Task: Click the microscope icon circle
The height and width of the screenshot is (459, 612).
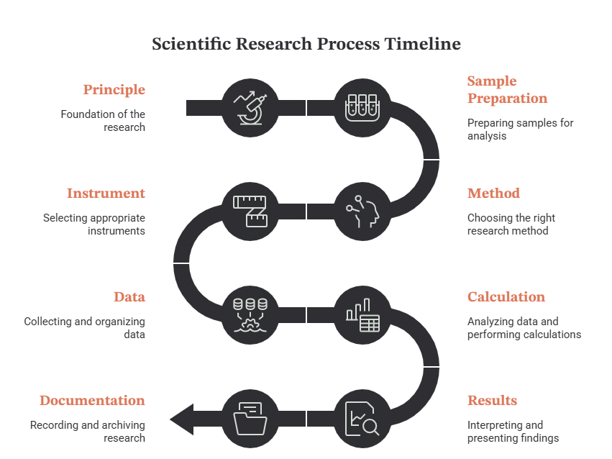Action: tap(250, 108)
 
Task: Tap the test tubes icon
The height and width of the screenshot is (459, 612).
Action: tap(362, 108)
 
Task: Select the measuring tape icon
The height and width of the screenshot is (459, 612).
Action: tap(250, 212)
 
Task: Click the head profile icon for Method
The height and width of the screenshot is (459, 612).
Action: tap(362, 212)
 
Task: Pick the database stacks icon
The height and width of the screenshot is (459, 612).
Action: tap(250, 315)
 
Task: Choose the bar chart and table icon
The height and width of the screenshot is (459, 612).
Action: tap(362, 315)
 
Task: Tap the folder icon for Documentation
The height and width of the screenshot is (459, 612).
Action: tap(250, 419)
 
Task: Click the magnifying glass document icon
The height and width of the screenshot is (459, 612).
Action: tap(362, 419)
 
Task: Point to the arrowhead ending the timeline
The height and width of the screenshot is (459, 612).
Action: tap(182, 419)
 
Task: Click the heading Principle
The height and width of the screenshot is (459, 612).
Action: tap(114, 90)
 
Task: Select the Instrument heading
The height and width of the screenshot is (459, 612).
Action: tap(106, 194)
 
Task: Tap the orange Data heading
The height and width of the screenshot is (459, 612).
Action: tap(129, 296)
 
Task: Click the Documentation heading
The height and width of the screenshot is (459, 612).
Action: tap(92, 401)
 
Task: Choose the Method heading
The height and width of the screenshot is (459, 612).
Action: tap(493, 194)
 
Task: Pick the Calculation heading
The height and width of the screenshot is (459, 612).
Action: tap(506, 296)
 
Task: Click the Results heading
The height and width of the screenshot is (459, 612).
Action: tap(492, 401)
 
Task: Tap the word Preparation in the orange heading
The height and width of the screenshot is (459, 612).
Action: tap(508, 99)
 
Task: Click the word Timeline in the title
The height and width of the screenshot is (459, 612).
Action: tap(423, 44)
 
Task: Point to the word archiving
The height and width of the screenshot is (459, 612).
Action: tap(123, 425)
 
